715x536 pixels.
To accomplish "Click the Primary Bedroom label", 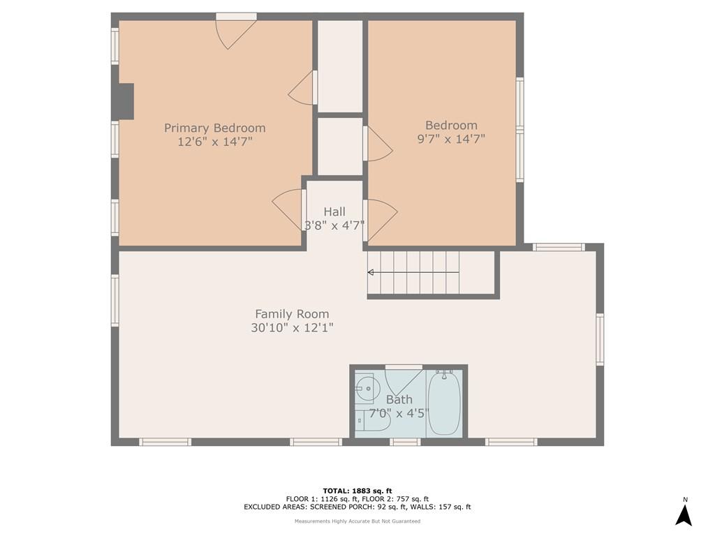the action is click(x=215, y=128).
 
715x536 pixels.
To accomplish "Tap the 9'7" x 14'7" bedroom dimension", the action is click(x=451, y=139).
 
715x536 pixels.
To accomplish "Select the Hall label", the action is click(x=334, y=211).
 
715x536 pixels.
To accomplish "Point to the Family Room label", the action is click(x=292, y=314).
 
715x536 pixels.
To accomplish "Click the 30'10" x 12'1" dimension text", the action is click(x=292, y=328).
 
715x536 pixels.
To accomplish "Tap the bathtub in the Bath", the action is click(x=444, y=402).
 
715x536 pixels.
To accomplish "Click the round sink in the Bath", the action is click(x=367, y=388).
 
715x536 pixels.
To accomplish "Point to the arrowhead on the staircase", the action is click(x=371, y=273).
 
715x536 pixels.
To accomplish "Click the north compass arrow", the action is click(x=684, y=516).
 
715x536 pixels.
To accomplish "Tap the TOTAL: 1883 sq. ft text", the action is click(x=357, y=491).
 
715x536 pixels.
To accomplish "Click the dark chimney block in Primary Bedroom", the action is click(x=123, y=102).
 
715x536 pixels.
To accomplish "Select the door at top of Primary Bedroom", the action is click(x=236, y=32).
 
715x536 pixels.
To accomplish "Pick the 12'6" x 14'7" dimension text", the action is click(x=215, y=142).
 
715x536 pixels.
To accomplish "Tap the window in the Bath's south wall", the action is click(x=405, y=442).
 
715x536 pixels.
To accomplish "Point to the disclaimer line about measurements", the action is click(x=357, y=521).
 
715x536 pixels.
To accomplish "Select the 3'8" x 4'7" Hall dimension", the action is click(x=334, y=225).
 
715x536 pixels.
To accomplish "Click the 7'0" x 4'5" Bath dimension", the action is click(x=399, y=414).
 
